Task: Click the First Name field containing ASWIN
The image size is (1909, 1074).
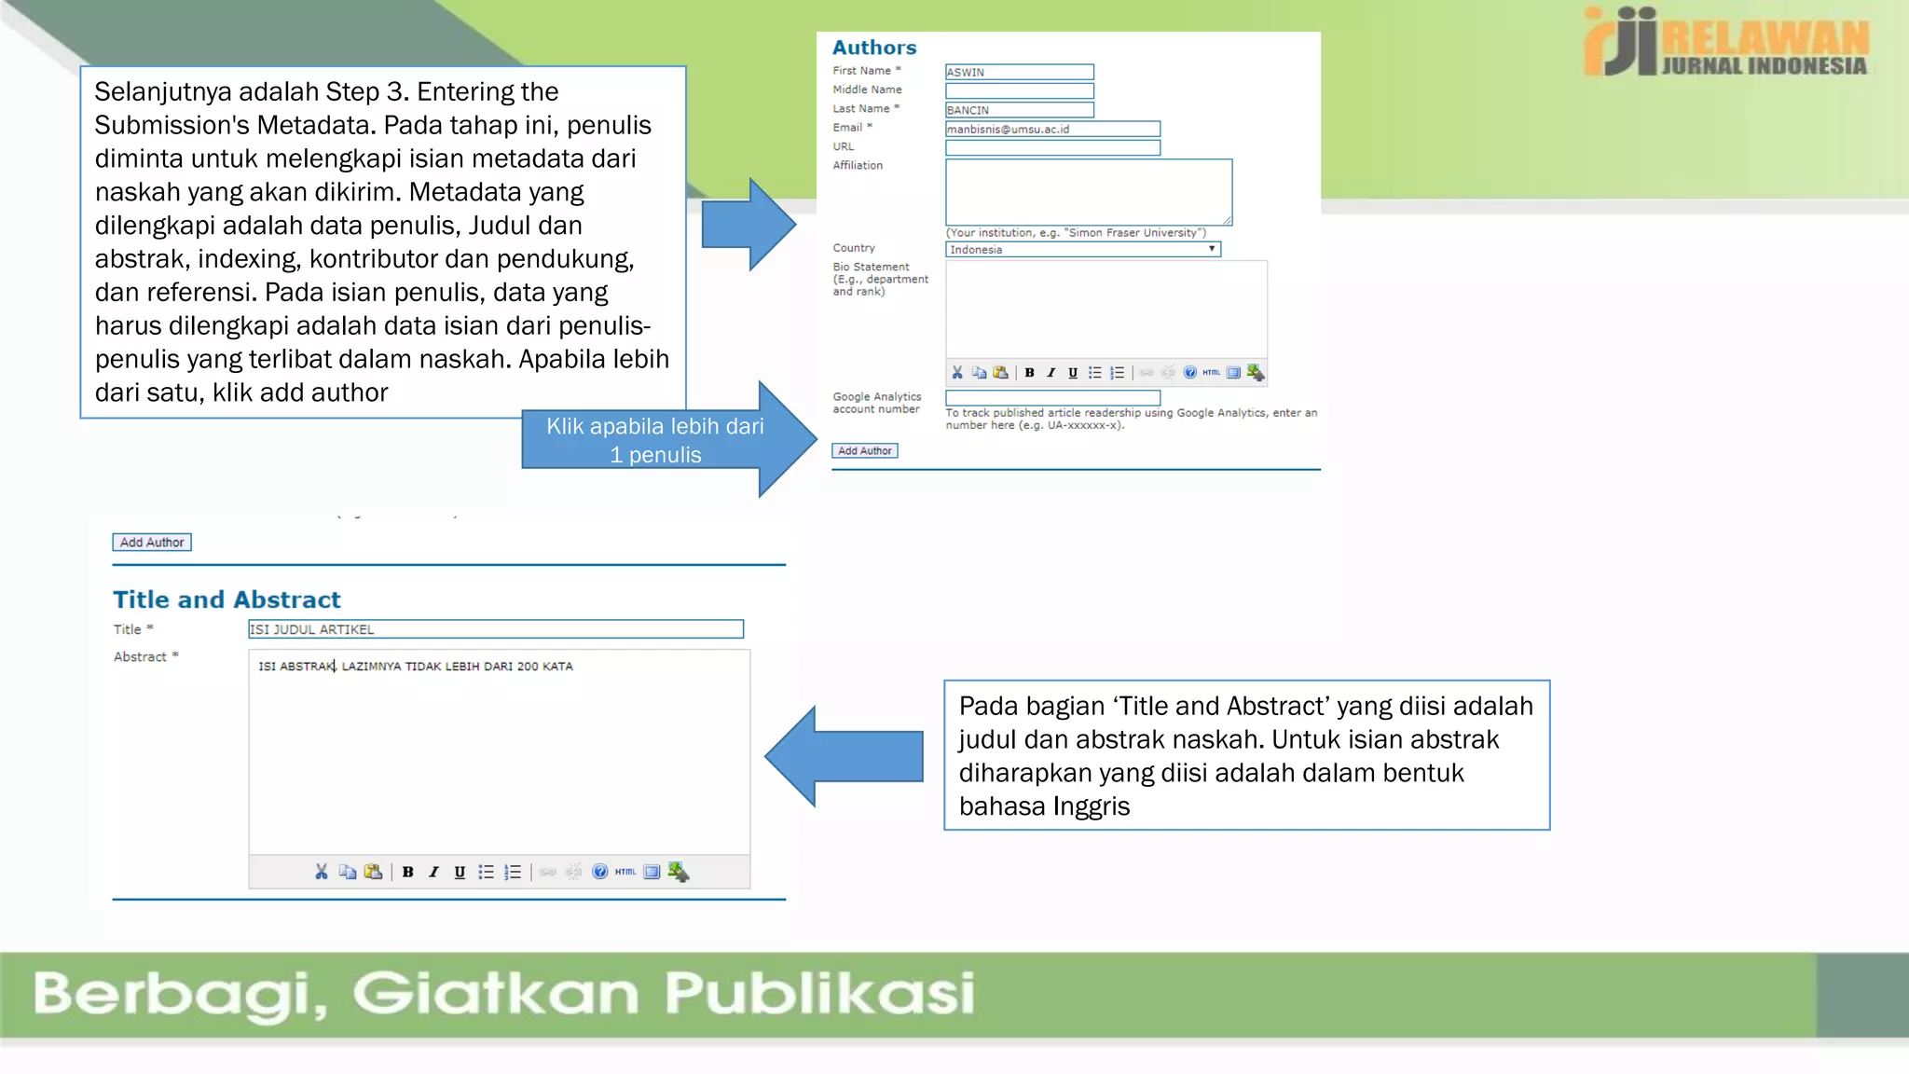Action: point(1019,72)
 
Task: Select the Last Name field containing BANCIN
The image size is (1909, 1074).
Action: point(1019,110)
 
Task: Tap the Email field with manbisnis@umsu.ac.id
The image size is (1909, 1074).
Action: point(1052,129)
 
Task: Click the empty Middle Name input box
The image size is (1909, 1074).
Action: point(1019,90)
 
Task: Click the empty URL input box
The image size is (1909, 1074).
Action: point(1052,147)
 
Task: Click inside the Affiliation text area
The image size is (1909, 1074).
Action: point(1088,191)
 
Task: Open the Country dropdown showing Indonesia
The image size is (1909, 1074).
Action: point(1082,249)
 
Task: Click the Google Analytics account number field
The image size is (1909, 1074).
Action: point(1052,397)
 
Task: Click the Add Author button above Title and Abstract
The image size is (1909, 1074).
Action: point(152,543)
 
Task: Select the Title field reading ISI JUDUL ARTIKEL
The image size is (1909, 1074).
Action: point(495,629)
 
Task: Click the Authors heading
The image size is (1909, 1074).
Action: point(873,48)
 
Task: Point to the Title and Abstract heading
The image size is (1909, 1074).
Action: point(227,599)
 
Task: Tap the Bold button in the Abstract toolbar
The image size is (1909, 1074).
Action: point(407,873)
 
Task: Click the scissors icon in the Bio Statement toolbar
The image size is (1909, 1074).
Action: point(957,373)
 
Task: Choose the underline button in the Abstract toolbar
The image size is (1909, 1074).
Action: point(460,873)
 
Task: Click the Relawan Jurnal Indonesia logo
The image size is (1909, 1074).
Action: point(1725,42)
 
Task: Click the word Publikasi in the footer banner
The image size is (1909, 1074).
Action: point(819,993)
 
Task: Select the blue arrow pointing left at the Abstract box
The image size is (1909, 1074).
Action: point(844,756)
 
